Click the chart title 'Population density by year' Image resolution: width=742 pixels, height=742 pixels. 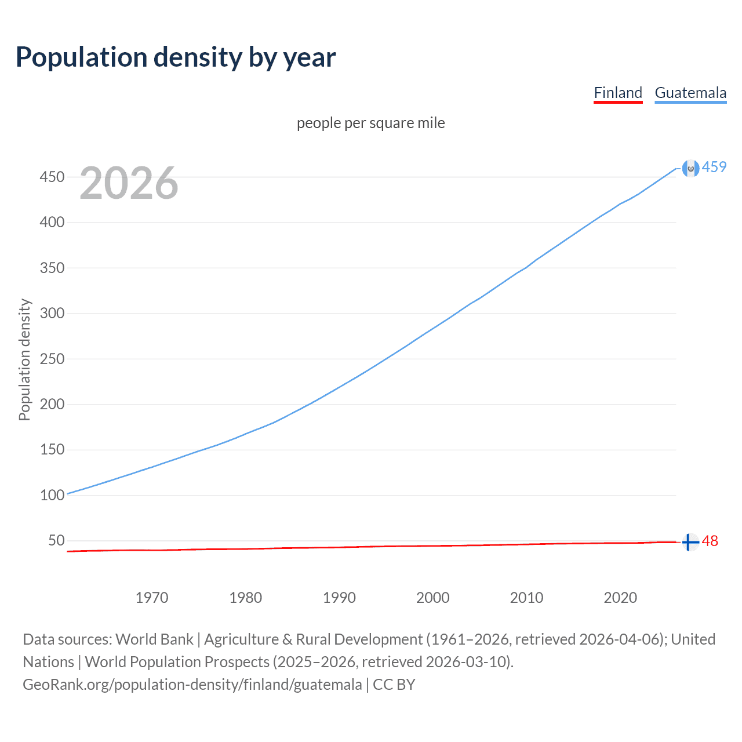(176, 57)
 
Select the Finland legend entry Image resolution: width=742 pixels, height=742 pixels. (618, 93)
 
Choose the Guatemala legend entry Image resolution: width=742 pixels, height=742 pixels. (690, 93)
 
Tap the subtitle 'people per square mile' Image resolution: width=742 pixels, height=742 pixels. (371, 123)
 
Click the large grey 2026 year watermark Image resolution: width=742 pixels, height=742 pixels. (129, 183)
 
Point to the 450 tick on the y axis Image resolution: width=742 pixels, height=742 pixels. (52, 177)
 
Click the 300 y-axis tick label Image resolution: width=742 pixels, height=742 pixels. (52, 313)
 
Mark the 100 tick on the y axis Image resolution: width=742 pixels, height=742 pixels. (52, 495)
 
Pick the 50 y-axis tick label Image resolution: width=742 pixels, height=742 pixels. (56, 541)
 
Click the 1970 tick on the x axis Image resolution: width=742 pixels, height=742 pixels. (152, 598)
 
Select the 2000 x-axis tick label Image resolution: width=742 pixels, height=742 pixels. (433, 598)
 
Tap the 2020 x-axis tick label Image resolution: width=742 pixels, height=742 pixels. (620, 598)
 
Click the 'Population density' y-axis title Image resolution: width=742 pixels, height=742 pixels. (24, 359)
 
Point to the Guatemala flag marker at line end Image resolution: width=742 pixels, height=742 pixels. (690, 168)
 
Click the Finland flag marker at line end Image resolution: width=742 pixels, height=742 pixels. (690, 543)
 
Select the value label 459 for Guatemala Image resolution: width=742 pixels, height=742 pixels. (714, 168)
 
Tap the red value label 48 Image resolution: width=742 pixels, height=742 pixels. (710, 541)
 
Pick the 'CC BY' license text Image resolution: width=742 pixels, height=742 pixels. (394, 685)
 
